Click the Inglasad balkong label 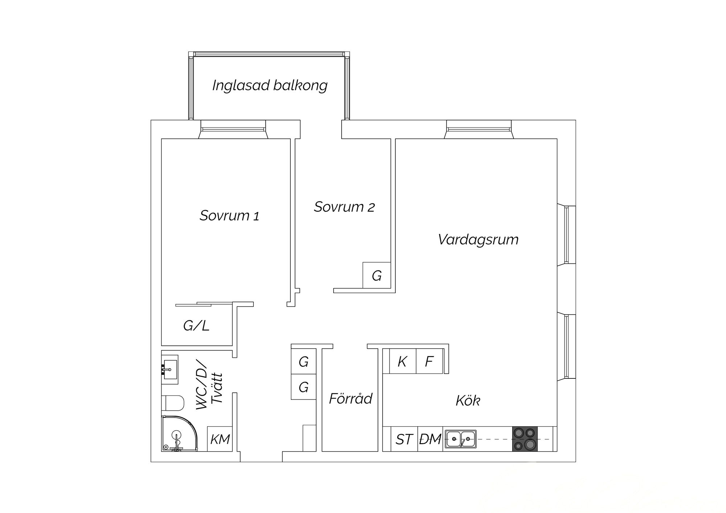point(270,86)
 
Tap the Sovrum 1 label point(229,216)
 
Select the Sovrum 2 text point(344,207)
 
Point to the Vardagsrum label point(478,240)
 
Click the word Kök point(468,401)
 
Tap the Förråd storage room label point(351,398)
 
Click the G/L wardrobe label point(196,326)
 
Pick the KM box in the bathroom point(220,439)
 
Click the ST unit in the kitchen point(404,439)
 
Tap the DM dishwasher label point(430,439)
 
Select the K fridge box point(402,361)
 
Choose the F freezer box point(429,361)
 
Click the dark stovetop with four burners point(525,439)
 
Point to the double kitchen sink point(461,439)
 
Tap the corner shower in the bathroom point(179,434)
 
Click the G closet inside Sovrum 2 point(377,275)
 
